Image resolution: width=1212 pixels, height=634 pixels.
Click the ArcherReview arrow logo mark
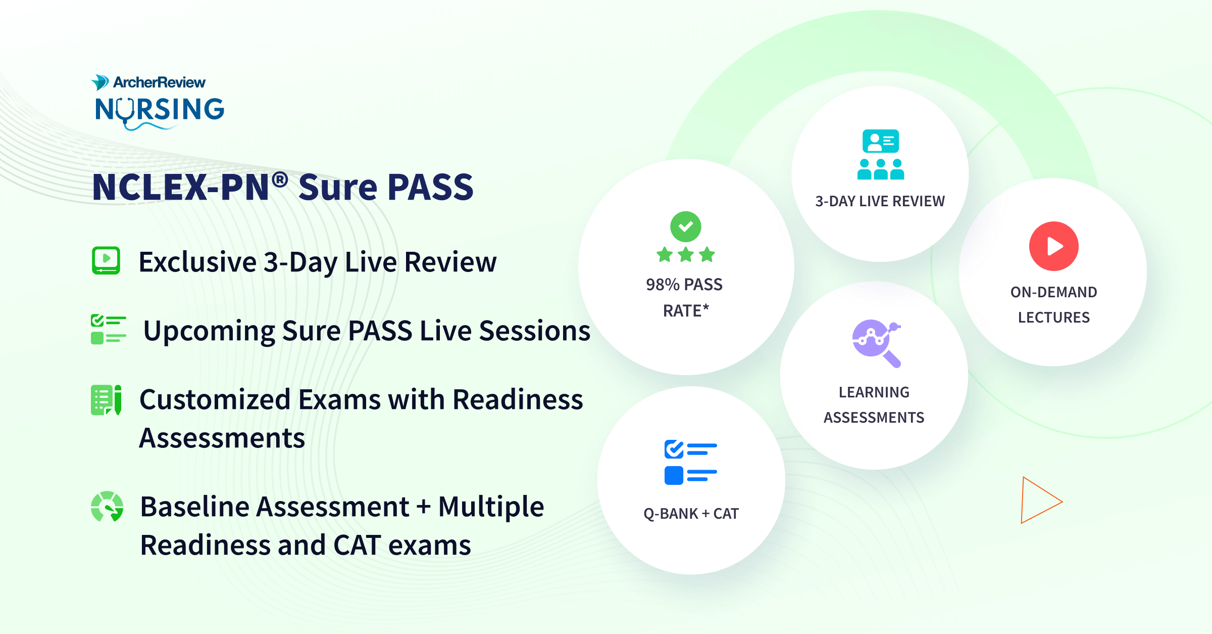pos(99,82)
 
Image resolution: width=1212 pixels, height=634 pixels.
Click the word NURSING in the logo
pos(160,110)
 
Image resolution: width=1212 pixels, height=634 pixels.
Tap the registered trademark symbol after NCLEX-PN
pos(280,178)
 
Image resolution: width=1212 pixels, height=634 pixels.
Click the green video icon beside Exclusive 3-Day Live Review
pos(106,260)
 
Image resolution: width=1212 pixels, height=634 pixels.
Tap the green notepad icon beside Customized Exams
pos(106,400)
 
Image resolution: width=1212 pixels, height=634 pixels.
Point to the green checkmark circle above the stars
pos(685,227)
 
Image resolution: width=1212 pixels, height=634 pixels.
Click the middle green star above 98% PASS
pos(685,254)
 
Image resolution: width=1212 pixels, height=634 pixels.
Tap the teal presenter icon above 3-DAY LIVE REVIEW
pos(881,155)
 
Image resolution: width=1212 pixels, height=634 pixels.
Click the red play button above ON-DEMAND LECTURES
pos(1053,246)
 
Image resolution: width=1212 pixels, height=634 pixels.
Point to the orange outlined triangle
pos(1038,500)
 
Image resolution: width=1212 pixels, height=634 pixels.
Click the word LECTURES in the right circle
pos(1053,318)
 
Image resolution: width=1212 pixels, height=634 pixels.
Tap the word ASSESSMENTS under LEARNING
pos(874,418)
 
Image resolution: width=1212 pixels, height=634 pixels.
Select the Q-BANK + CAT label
pos(690,514)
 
